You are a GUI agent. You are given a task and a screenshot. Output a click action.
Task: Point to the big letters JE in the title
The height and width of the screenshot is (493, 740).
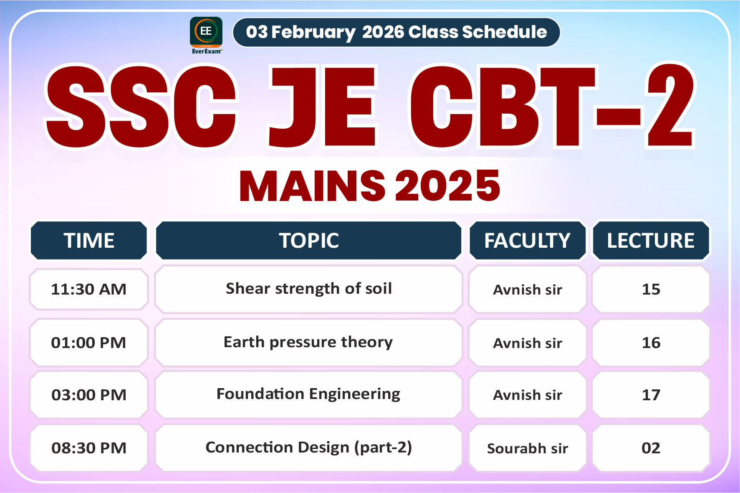[322, 107]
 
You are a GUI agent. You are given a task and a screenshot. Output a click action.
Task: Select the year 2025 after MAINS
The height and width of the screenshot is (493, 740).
[447, 186]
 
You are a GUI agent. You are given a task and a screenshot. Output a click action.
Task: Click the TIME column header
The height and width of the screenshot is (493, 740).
[89, 241]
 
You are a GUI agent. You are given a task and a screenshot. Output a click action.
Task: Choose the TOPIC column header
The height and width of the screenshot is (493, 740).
[309, 241]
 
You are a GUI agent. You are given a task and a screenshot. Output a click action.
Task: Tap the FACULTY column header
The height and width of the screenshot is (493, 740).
[527, 241]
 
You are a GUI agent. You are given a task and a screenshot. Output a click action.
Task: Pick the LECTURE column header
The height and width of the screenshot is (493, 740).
[650, 241]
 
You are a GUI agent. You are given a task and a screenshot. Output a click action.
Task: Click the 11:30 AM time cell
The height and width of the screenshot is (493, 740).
[89, 289]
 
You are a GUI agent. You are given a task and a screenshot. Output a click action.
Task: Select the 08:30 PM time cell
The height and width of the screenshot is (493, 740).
[89, 448]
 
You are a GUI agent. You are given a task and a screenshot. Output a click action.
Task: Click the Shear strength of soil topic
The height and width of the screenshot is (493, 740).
[309, 289]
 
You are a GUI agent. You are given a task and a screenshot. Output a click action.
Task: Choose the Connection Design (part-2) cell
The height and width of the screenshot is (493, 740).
[309, 447]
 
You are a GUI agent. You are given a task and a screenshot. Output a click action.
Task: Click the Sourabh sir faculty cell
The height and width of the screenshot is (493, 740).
[527, 448]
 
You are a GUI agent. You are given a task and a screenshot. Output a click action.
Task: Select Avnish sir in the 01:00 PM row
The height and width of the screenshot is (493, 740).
[527, 343]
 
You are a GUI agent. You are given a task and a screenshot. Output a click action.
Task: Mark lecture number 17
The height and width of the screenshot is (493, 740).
[651, 395]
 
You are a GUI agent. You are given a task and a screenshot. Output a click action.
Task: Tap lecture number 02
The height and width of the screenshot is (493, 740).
[651, 448]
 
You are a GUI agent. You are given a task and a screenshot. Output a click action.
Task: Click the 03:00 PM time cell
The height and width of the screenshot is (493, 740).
[89, 395]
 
